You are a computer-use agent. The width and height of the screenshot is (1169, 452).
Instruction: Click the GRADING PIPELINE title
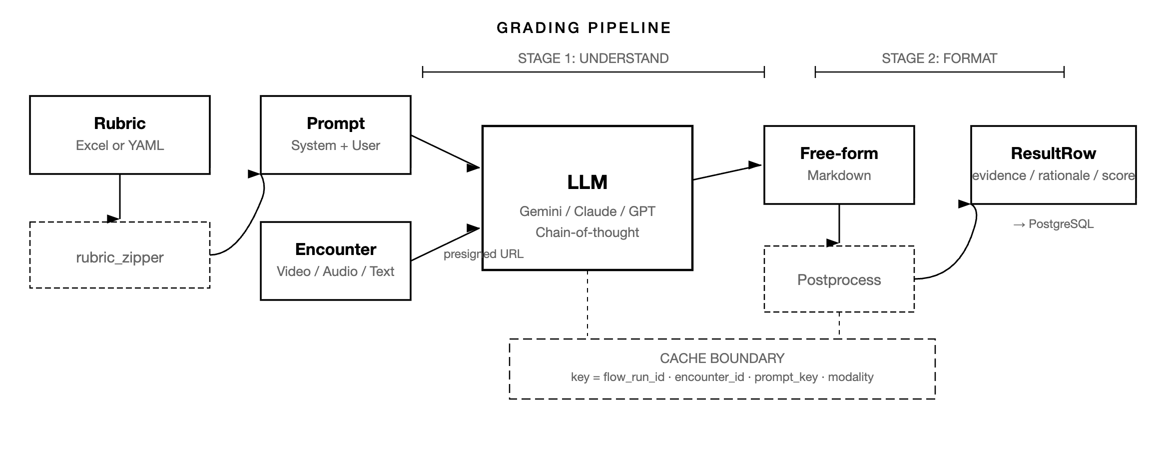point(584,28)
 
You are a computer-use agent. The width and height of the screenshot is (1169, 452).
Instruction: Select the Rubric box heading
point(120,123)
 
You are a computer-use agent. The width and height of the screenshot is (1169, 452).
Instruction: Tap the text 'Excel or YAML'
point(120,145)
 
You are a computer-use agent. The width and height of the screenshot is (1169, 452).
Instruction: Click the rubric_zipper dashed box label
point(120,257)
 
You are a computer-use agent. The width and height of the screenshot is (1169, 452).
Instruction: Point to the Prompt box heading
point(336,123)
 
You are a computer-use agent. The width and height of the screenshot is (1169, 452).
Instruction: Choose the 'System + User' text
point(336,145)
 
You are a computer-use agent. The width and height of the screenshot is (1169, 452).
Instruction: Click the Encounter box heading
point(336,249)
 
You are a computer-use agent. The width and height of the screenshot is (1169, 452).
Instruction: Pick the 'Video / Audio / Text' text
point(336,271)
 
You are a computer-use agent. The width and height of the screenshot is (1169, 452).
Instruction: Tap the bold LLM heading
point(587,182)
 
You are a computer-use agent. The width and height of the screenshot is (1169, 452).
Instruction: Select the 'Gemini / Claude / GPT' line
point(587,211)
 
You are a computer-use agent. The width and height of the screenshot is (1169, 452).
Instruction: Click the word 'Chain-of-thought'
point(587,232)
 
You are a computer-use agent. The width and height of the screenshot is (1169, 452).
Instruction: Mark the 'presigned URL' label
point(483,254)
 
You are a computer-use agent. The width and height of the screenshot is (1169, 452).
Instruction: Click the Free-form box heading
point(839,153)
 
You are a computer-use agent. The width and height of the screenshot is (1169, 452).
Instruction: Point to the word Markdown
point(839,175)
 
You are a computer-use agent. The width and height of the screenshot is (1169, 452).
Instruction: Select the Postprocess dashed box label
point(839,280)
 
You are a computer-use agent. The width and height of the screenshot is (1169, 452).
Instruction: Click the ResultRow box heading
point(1053,153)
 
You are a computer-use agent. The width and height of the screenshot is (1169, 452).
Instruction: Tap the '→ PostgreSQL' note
point(1053,224)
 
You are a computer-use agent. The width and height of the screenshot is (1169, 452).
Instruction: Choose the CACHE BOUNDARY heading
point(722,358)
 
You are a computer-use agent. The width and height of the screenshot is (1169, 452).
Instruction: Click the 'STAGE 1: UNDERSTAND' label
point(593,58)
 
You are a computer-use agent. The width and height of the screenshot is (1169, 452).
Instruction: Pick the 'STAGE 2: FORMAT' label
point(939,58)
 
